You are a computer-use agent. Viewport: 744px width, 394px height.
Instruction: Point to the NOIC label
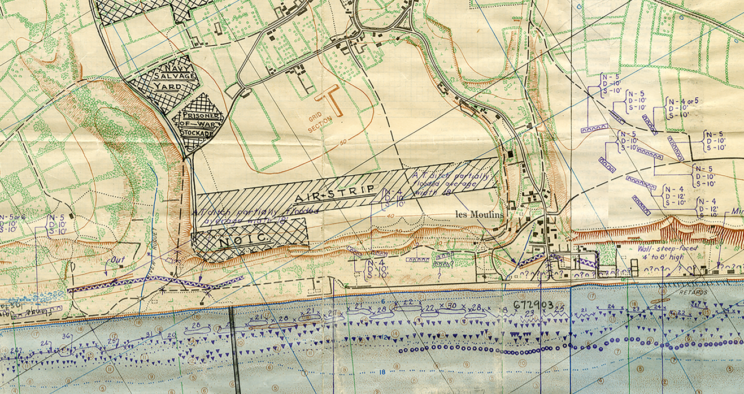[x=237, y=240]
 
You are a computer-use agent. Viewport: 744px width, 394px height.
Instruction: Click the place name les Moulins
[x=480, y=214]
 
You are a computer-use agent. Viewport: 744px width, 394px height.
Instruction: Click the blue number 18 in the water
[x=382, y=372]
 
